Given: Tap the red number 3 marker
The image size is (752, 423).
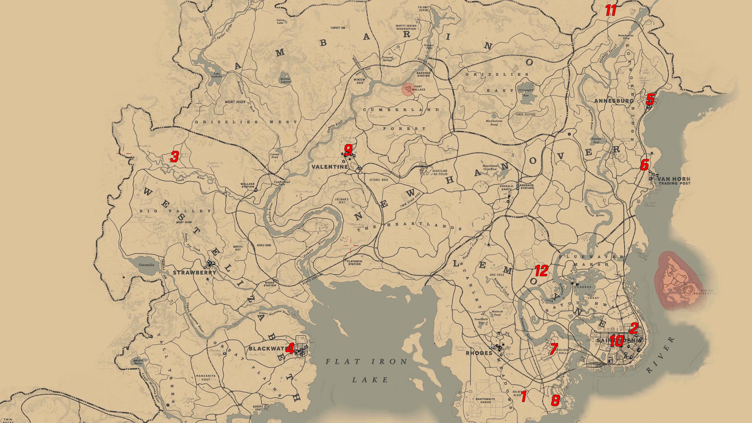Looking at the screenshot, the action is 174,157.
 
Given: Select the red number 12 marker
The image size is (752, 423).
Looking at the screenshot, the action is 541,271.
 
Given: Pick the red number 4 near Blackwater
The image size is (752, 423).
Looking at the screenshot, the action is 290,349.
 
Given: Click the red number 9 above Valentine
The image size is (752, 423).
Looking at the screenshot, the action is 348,150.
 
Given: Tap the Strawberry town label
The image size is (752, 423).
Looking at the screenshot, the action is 195,273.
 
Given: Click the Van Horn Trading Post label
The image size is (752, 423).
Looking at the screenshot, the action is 674,181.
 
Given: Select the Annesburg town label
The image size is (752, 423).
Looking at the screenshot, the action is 614,101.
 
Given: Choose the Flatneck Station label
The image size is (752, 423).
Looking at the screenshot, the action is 354,263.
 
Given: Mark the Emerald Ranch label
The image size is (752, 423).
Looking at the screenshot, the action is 506,187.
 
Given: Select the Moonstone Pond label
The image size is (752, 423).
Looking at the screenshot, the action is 494,123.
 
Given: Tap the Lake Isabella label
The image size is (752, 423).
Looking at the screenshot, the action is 217,75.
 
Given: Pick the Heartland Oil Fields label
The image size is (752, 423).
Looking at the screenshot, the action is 440,172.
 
